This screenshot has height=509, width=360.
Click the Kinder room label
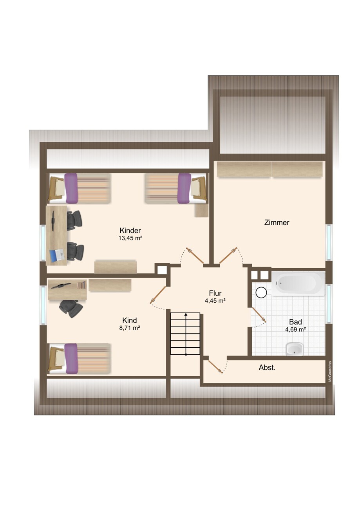pyautogui.click(x=130, y=230)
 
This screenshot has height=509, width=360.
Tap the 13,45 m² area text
pyautogui.click(x=130, y=238)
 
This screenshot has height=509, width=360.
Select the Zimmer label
pyautogui.click(x=277, y=222)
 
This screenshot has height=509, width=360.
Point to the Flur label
pyautogui.click(x=215, y=293)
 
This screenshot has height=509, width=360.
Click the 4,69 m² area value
pyautogui.click(x=295, y=329)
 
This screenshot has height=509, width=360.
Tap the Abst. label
pyautogui.click(x=267, y=367)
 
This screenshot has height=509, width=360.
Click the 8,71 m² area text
pyautogui.click(x=130, y=328)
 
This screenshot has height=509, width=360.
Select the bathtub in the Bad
pyautogui.click(x=298, y=283)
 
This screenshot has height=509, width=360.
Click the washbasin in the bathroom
pyautogui.click(x=295, y=349)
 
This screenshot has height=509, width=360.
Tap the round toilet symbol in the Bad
pyautogui.click(x=261, y=292)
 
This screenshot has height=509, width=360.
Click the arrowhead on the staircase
pyautogui.click(x=186, y=314)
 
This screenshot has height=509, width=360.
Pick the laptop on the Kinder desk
pyautogui.click(x=56, y=255)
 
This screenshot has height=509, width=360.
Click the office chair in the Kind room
pyautogui.click(x=71, y=308)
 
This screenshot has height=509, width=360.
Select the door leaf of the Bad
pyautogui.click(x=259, y=315)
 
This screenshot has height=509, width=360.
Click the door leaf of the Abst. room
pyautogui.click(x=215, y=367)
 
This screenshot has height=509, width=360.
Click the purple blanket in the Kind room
pyautogui.click(x=71, y=358)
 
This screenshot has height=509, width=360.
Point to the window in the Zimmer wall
pyautogui.click(x=329, y=242)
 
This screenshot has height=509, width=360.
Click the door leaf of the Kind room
pyautogui.click(x=158, y=294)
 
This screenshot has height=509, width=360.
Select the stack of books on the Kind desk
pyautogui.click(x=81, y=285)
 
